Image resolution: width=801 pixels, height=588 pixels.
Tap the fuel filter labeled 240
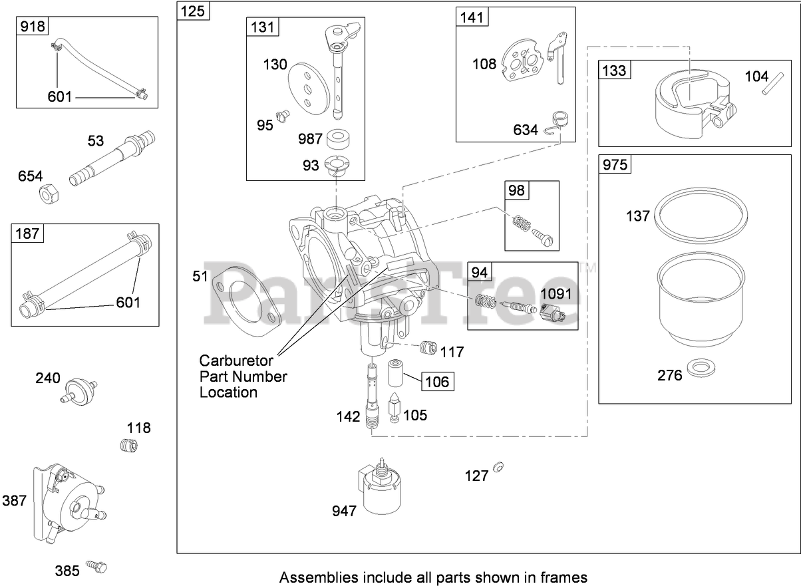tap(79, 388)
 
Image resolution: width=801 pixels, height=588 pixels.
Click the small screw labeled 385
tap(99, 567)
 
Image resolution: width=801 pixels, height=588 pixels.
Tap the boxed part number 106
tap(436, 382)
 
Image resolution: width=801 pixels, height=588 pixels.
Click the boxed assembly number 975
tap(615, 164)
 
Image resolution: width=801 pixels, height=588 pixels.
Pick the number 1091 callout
tap(556, 293)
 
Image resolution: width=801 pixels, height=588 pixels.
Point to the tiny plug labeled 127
tap(499, 466)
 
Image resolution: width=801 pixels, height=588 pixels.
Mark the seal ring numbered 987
tap(340, 140)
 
